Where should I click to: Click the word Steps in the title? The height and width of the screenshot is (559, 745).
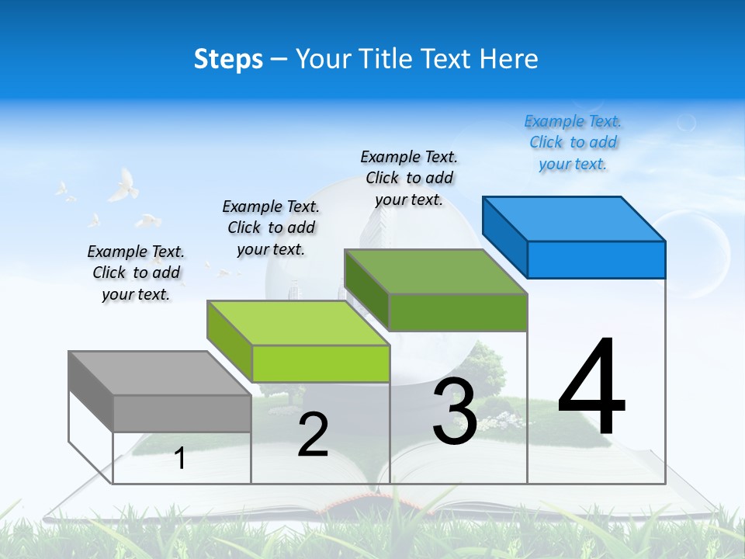[228, 59]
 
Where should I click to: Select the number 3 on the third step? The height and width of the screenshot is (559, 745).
[455, 411]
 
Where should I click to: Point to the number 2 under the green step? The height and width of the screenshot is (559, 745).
[313, 435]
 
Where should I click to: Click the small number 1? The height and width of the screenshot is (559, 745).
[180, 458]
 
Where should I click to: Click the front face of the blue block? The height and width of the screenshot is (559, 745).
[596, 259]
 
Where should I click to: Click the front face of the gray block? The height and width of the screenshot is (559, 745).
[182, 413]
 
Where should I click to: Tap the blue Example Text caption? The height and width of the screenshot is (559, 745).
[573, 142]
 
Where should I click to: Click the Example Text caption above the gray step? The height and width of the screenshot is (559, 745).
[136, 273]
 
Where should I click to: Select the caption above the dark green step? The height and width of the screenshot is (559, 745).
[409, 178]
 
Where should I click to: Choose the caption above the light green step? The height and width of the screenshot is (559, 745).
[271, 227]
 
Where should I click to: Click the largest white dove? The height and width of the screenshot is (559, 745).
[122, 186]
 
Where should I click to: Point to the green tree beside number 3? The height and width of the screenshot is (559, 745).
[485, 365]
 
